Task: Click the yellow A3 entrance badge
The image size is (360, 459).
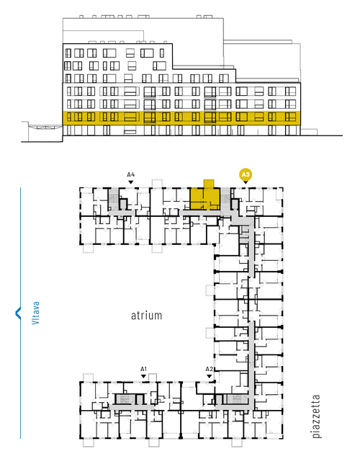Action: (246, 175)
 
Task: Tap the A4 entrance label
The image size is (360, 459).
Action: (131, 175)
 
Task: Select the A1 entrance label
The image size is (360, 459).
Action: (143, 369)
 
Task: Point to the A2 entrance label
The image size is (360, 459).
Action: (209, 369)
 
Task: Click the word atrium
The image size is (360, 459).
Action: (146, 316)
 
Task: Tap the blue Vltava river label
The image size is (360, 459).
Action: (35, 313)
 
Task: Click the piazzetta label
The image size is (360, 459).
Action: (316, 416)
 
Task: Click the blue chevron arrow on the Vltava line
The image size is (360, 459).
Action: (18, 313)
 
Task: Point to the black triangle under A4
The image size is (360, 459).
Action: (131, 182)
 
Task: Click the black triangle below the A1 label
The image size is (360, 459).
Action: (143, 376)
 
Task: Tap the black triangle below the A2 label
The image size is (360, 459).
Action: (209, 376)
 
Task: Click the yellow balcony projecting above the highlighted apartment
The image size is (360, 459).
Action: (209, 184)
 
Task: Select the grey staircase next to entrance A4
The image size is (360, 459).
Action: (113, 199)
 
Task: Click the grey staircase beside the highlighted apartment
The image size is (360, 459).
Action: (225, 198)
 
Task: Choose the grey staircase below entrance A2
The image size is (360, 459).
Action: (236, 399)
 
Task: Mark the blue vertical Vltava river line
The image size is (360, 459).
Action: (20, 313)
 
